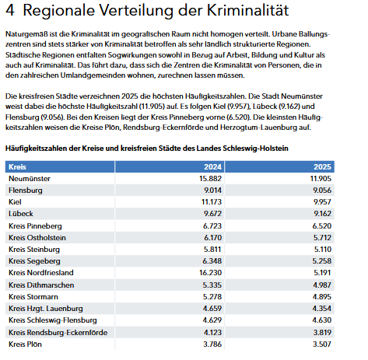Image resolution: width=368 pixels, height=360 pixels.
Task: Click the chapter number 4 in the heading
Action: tap(11, 12)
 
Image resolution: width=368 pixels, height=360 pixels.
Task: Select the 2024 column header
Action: tap(212, 167)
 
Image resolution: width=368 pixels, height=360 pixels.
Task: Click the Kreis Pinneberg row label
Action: tap(36, 225)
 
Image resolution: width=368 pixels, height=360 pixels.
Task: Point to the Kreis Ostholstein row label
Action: tap(37, 237)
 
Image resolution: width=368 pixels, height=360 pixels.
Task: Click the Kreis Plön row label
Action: tap(26, 343)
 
